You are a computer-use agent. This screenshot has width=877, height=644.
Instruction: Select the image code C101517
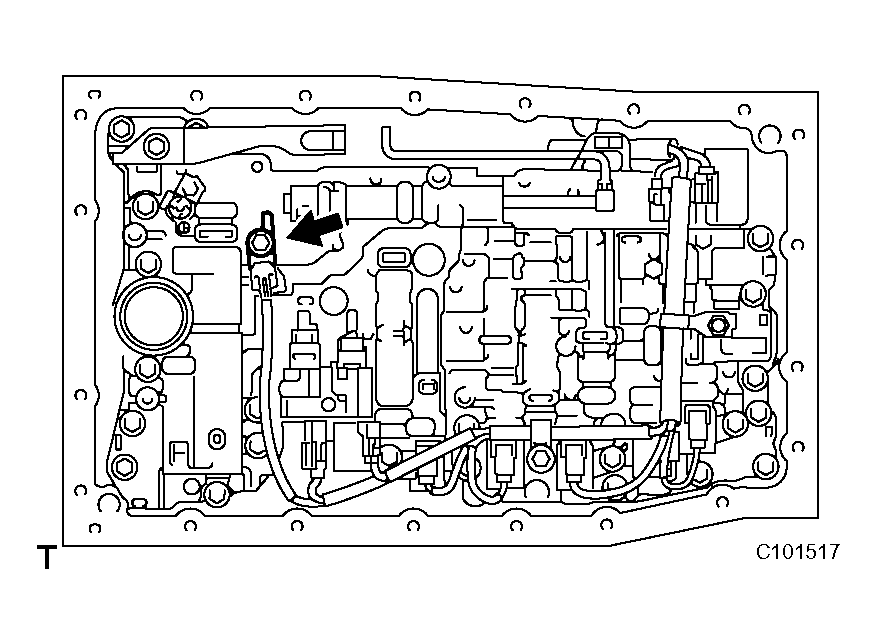coord(797,552)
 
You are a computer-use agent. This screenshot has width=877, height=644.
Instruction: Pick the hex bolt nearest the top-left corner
coord(121,130)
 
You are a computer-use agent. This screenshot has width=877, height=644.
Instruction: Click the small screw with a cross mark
coord(182,228)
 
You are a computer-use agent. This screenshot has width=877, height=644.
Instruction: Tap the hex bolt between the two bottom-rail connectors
coord(540,458)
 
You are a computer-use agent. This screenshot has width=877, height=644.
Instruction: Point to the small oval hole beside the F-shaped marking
coord(214,439)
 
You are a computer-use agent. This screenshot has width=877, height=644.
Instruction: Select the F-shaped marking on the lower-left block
coord(181,451)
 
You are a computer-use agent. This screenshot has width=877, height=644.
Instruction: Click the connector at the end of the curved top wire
coord(605,200)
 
